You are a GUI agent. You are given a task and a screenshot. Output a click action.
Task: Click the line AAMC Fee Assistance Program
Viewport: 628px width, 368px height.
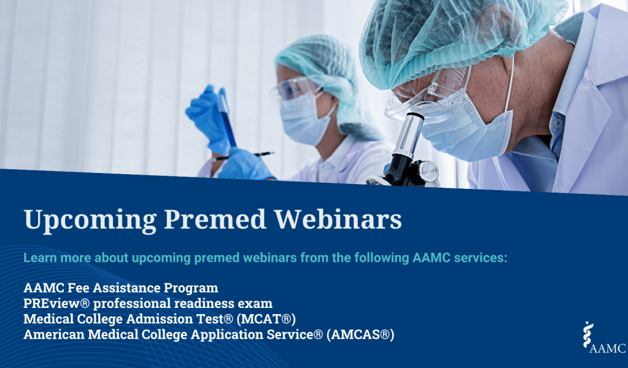pos(120,288)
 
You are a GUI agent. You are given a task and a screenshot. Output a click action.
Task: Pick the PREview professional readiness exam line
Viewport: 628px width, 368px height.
pos(147,304)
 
